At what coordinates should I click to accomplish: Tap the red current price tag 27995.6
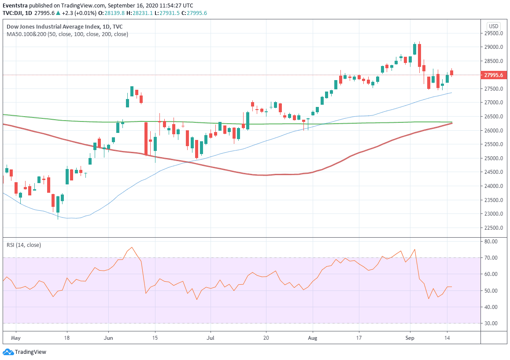coord(494,75)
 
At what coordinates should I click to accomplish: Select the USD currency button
coord(493,26)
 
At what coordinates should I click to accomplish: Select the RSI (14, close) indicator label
coord(24,245)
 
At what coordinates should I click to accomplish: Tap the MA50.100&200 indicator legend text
coord(67,34)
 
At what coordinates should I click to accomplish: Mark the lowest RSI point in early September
coord(429,299)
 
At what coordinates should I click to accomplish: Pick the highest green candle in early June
coord(132,91)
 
